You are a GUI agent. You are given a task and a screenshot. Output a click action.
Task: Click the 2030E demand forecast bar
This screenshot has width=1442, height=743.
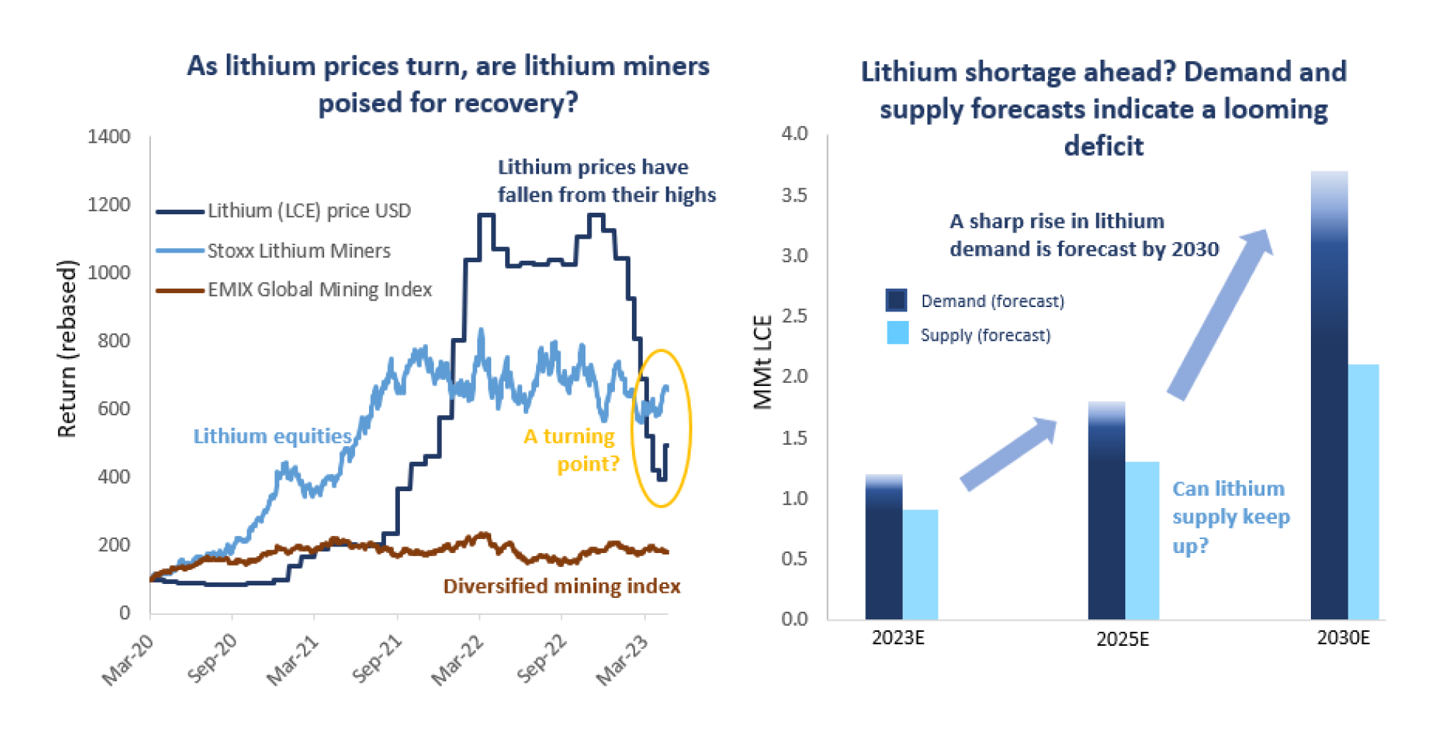tap(1329, 398)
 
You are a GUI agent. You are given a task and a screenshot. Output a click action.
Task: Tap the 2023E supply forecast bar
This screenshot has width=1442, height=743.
tap(920, 564)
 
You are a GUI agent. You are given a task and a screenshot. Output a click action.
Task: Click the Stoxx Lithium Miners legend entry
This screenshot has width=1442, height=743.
tap(298, 251)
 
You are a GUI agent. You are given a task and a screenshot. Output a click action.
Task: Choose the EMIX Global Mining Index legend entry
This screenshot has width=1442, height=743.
tap(319, 290)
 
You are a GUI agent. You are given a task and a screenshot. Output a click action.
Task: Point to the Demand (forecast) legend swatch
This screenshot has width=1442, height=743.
tap(896, 300)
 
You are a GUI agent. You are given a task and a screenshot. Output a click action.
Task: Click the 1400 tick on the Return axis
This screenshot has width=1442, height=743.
tap(108, 137)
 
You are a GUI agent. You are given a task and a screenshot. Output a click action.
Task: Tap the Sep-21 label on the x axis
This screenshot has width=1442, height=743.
tap(378, 658)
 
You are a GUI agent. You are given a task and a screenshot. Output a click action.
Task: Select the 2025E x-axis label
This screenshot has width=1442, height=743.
tap(1122, 639)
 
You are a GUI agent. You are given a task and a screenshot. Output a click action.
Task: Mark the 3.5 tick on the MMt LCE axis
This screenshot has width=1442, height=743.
tap(794, 195)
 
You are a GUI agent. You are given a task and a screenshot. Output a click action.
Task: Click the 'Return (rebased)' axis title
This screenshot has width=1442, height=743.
tap(67, 349)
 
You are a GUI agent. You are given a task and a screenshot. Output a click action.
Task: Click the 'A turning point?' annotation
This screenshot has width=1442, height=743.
tap(571, 450)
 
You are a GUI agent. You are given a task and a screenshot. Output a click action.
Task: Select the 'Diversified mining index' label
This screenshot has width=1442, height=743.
tap(561, 586)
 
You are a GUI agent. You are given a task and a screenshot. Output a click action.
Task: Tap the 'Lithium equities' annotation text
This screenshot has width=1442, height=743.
tap(272, 437)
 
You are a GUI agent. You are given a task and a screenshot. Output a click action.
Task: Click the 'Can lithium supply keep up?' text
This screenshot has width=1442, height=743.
tap(1230, 517)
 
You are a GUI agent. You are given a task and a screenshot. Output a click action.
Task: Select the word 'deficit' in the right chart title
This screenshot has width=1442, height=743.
tap(1103, 146)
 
